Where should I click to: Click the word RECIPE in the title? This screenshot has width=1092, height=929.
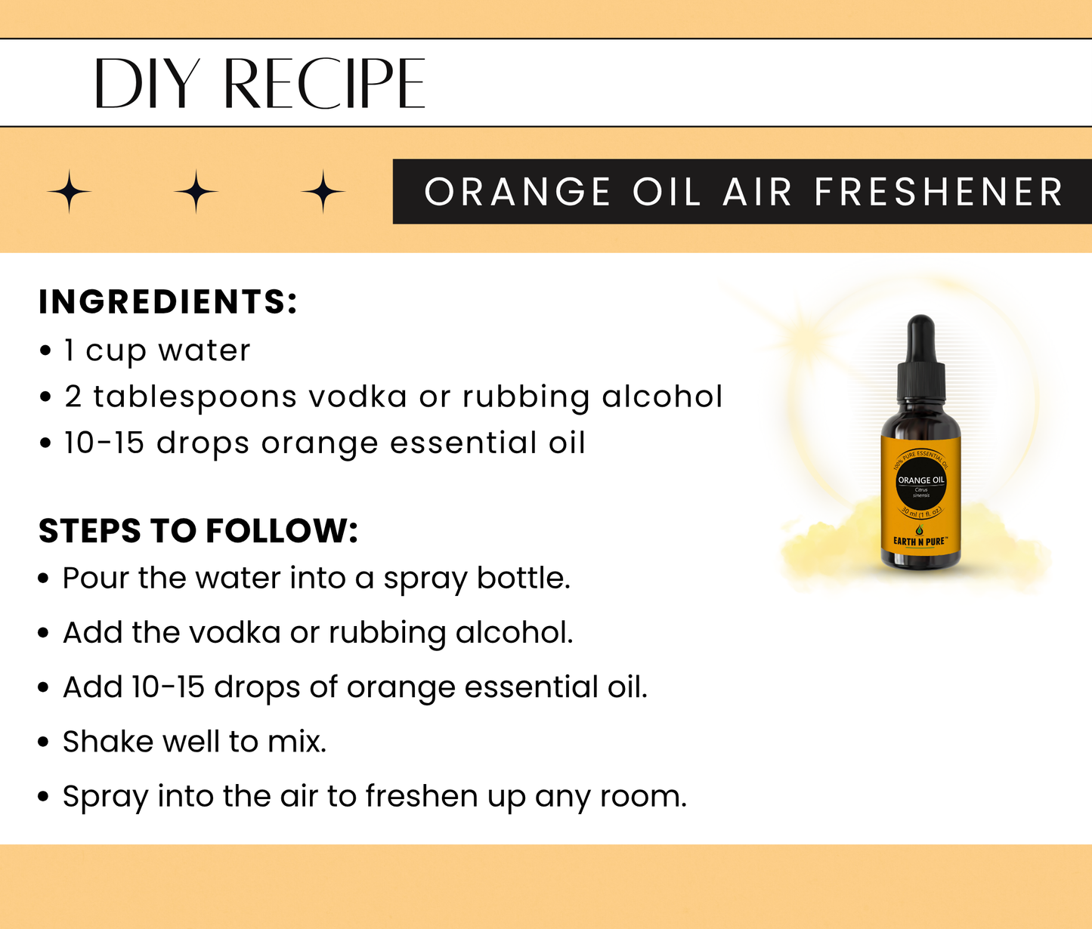tap(324, 83)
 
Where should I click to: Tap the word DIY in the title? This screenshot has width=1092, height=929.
tap(147, 83)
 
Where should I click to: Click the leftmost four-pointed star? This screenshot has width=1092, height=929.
tap(69, 192)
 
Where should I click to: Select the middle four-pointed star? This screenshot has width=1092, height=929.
tap(196, 192)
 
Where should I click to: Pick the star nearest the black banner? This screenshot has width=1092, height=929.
tap(323, 192)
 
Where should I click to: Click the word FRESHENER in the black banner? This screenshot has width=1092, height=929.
tap(939, 192)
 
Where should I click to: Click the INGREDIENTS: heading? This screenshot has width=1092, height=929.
tap(168, 301)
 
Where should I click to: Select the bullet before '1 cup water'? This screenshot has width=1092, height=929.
tap(46, 351)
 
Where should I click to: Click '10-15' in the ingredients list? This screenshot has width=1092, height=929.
tap(104, 443)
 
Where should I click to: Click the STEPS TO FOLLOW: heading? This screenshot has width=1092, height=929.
tap(198, 531)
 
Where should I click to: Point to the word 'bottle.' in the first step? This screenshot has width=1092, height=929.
tap(523, 579)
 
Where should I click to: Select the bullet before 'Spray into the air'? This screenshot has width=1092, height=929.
tap(44, 797)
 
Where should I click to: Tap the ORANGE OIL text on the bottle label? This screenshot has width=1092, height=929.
tap(921, 480)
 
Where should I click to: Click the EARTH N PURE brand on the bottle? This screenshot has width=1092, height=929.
tap(920, 542)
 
